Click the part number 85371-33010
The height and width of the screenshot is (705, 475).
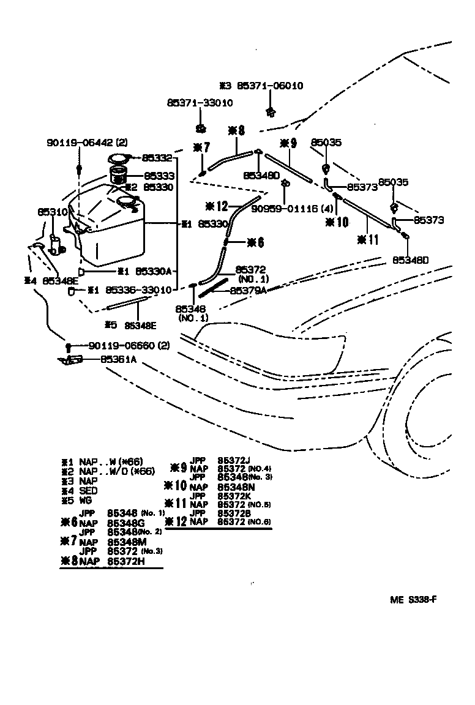click(199, 103)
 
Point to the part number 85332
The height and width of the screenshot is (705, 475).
click(159, 158)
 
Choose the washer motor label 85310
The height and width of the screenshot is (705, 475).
click(52, 212)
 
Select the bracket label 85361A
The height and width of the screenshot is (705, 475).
click(118, 360)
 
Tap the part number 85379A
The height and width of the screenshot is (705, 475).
click(248, 291)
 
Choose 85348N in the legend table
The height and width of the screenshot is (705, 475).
click(232, 487)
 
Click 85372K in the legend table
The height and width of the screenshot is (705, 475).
click(232, 496)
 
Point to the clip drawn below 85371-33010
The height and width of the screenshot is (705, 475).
click(200, 128)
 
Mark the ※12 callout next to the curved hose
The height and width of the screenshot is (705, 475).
click(219, 206)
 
